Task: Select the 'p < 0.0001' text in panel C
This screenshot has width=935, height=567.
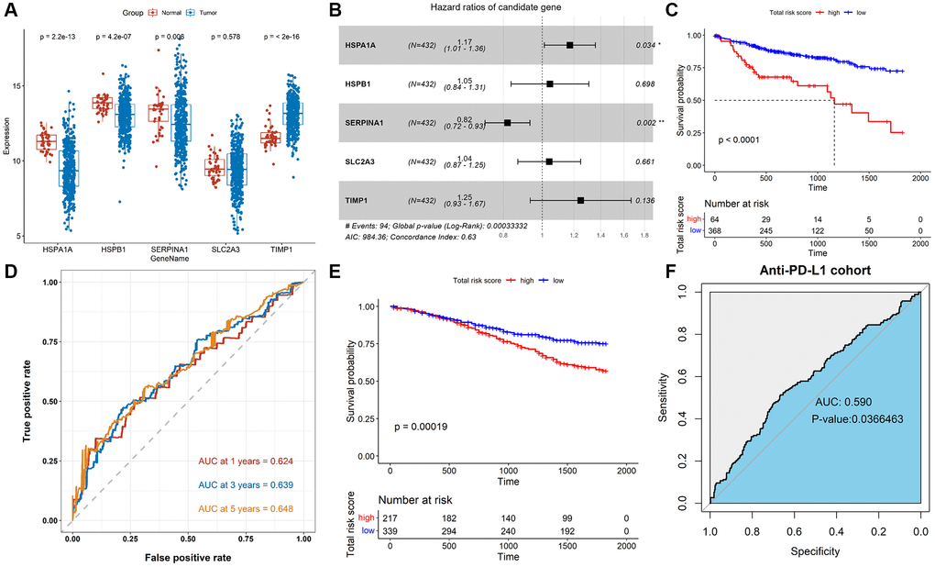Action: [x=741, y=141]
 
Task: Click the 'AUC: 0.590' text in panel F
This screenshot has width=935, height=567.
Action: [x=843, y=403]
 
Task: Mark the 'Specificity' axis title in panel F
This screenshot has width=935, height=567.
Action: [x=811, y=553]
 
